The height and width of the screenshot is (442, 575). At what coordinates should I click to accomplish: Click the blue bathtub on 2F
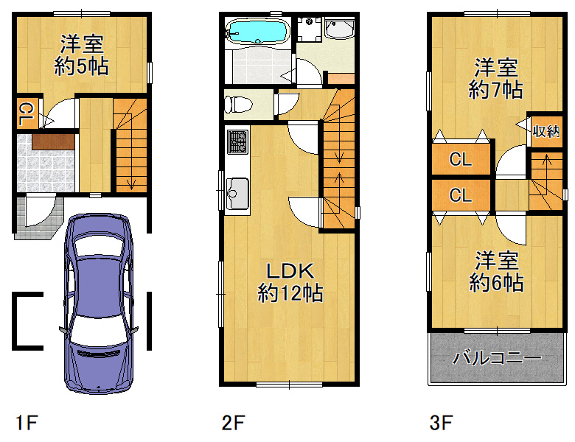pyautogui.click(x=257, y=31)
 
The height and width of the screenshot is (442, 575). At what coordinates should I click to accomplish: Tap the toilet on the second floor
pyautogui.click(x=238, y=104)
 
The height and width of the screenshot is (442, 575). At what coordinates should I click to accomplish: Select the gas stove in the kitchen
pyautogui.click(x=237, y=142)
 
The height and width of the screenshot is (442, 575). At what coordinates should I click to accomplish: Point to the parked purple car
pyautogui.click(x=98, y=304)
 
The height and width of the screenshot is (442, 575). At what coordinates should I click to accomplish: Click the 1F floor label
pyautogui.click(x=27, y=423)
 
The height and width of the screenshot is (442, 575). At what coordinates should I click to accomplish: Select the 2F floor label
pyautogui.click(x=233, y=423)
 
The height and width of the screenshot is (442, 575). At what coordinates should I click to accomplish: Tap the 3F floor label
pyautogui.click(x=441, y=423)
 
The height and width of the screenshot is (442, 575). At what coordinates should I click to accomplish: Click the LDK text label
pyautogui.click(x=290, y=271)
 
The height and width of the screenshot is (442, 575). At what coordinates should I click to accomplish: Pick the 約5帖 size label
pyautogui.click(x=81, y=67)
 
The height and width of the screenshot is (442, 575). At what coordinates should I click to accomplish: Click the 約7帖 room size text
pyautogui.click(x=496, y=89)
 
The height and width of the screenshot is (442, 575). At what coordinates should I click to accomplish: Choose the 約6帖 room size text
pyautogui.click(x=496, y=283)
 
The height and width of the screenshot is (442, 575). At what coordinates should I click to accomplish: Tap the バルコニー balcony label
pyautogui.click(x=497, y=357)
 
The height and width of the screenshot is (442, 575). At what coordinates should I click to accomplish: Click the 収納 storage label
pyautogui.click(x=546, y=131)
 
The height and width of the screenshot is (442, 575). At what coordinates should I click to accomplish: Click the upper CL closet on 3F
pyautogui.click(x=461, y=159)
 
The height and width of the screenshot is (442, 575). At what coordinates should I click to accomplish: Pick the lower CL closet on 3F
pyautogui.click(x=461, y=195)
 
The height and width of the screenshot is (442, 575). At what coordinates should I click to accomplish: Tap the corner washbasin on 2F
pyautogui.click(x=340, y=29)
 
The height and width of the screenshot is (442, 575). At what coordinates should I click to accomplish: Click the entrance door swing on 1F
pyautogui.click(x=41, y=212)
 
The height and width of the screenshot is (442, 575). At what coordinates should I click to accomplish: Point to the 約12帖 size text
pyautogui.click(x=290, y=293)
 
